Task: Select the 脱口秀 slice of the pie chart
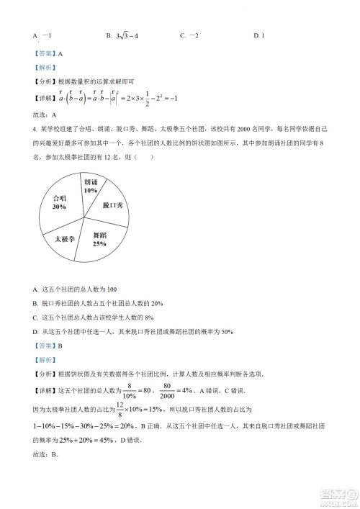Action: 113,204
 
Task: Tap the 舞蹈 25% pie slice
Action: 100,238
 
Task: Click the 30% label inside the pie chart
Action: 59,207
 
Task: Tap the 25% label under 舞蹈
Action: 99,243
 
